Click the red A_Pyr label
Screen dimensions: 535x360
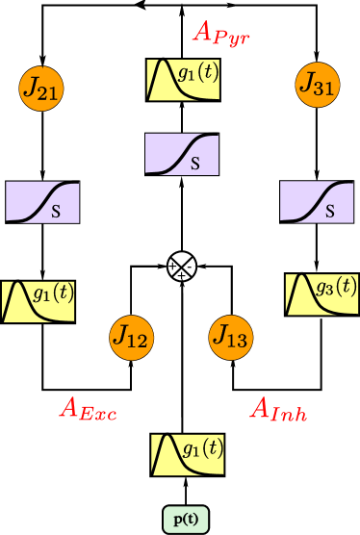[227, 33]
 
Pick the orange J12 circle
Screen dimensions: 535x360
[130, 337]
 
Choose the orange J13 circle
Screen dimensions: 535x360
[230, 337]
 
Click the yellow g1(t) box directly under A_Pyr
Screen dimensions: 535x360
[183, 80]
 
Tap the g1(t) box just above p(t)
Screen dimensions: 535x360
[189, 453]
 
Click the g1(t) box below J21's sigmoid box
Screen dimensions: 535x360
[39, 300]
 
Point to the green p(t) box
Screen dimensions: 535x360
[186, 520]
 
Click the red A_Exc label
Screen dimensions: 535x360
[89, 409]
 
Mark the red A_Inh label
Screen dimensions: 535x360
[285, 409]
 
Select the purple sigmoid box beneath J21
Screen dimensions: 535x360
[42, 202]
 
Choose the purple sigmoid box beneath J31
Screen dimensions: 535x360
[316, 202]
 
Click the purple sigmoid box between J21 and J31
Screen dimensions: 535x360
[182, 154]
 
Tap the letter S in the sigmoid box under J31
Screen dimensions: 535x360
[329, 212]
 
